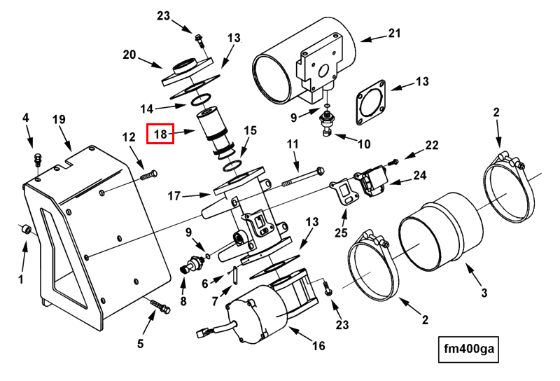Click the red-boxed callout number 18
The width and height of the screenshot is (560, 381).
(160, 134)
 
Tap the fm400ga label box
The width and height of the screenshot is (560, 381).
(468, 349)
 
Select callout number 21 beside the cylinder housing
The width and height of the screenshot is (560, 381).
(394, 33)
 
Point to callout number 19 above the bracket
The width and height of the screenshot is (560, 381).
(59, 119)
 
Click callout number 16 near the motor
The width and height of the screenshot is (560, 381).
(318, 345)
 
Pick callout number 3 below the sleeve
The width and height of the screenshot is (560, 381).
(484, 293)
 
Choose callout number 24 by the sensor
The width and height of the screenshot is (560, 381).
(420, 176)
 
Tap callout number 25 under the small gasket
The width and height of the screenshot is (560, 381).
(341, 233)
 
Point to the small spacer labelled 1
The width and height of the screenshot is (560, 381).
(26, 229)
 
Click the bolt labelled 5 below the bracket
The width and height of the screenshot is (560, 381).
(161, 306)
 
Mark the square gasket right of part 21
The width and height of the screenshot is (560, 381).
(372, 102)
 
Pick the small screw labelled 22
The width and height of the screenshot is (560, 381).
(395, 162)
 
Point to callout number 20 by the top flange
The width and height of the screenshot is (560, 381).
(129, 55)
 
